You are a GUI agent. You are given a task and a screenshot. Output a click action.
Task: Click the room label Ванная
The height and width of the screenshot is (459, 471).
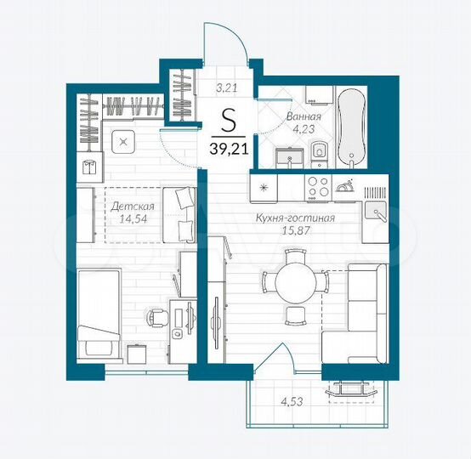coord(303,119)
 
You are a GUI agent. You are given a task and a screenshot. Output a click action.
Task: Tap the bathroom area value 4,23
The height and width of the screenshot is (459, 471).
coord(304,132)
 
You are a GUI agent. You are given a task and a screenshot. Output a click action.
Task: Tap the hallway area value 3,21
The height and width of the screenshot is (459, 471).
coord(226,87)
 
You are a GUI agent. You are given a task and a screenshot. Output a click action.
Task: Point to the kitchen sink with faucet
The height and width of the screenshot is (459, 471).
coord(374,208)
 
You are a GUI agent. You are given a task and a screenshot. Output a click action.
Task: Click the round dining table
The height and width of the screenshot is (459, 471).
coord(293,281)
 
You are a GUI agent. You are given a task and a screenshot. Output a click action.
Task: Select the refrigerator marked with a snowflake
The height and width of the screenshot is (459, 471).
coord(264,186)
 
